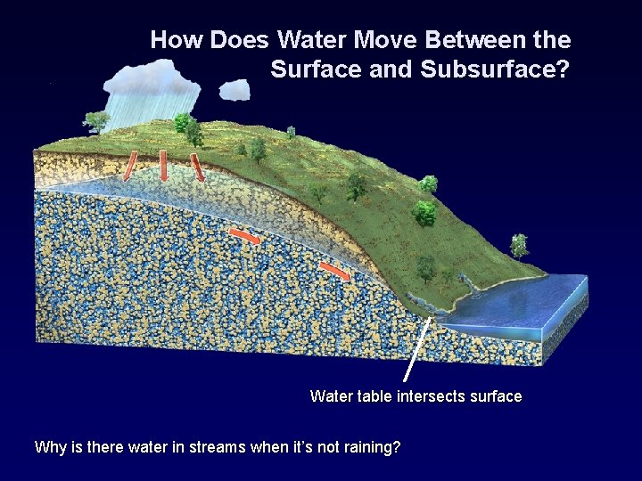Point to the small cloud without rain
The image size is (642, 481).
pyautogui.click(x=235, y=89)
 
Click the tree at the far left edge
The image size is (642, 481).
pyautogui.click(x=95, y=121)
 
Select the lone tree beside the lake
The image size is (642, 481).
pyautogui.click(x=518, y=245)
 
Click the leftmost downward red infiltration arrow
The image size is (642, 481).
pyautogui.click(x=130, y=164)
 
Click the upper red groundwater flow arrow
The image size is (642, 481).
pyautogui.click(x=244, y=236)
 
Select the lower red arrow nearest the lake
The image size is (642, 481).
pyautogui.click(x=335, y=269)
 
